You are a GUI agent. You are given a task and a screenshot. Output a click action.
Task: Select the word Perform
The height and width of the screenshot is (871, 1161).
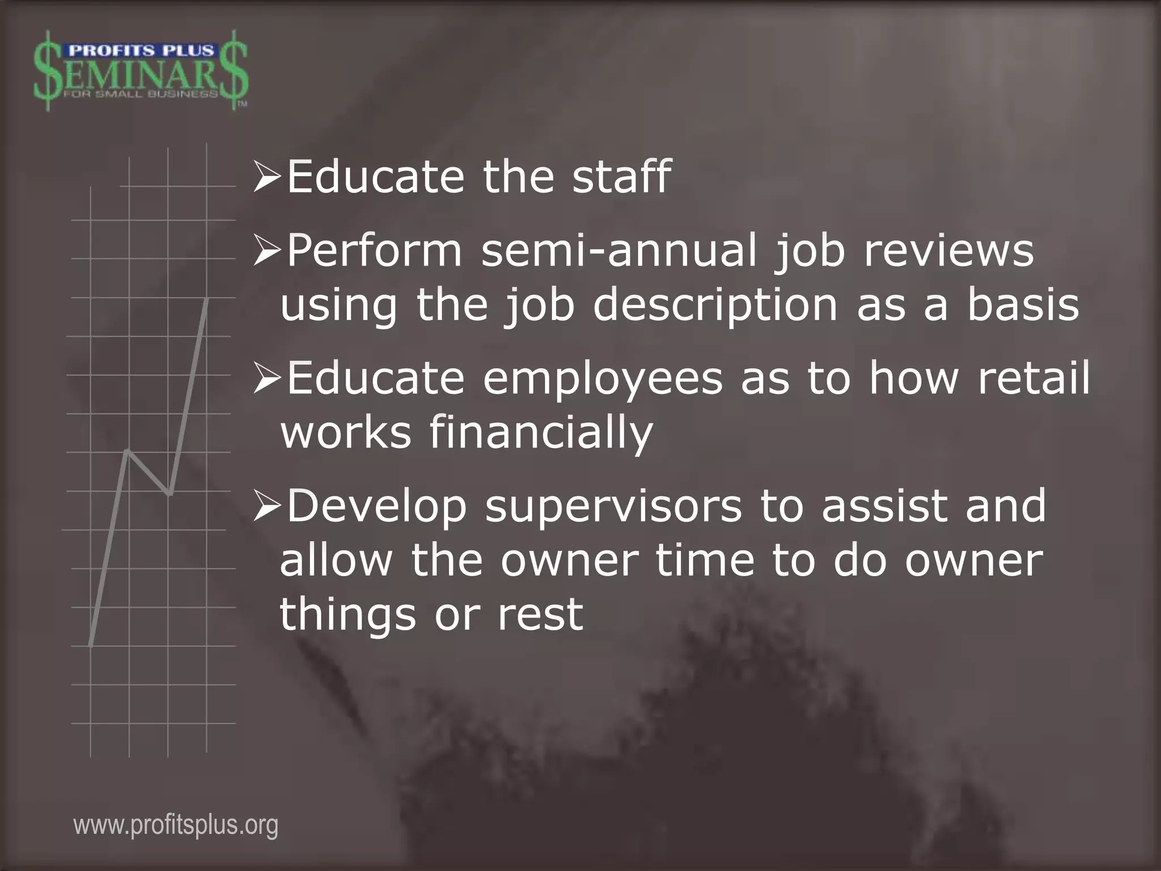375,251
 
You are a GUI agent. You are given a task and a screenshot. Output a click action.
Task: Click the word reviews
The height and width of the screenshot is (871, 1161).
948,251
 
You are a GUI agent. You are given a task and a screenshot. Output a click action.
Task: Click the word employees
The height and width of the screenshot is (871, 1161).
603,378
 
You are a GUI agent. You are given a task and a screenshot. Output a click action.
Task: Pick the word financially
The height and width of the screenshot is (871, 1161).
541,433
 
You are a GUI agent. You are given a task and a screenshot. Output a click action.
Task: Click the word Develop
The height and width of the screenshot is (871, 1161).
377,506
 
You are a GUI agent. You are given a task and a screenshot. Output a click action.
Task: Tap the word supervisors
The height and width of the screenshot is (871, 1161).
613,506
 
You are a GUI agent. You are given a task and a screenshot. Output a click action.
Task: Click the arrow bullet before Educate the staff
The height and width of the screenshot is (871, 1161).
267,177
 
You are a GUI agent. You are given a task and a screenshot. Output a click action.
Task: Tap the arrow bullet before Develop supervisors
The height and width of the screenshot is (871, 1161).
267,506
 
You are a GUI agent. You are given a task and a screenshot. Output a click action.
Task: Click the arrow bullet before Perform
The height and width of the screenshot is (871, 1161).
267,251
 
